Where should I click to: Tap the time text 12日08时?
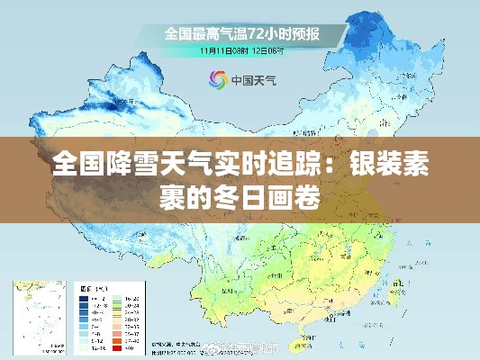coord(267,51)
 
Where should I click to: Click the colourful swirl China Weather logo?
coord(218,79)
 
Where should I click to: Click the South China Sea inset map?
coord(37,314)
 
